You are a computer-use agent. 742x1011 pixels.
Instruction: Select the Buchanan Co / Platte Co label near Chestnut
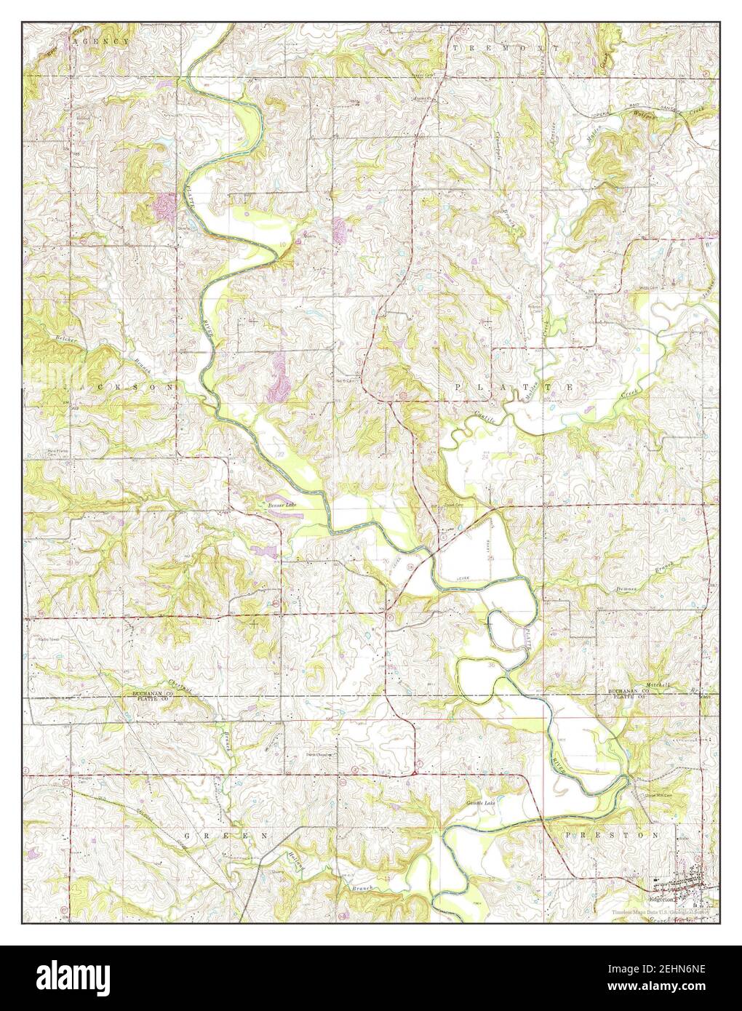point(151,695)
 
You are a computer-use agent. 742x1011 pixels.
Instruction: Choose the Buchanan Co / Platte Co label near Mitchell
point(627,694)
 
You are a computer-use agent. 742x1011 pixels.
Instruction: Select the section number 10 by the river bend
point(282,245)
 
